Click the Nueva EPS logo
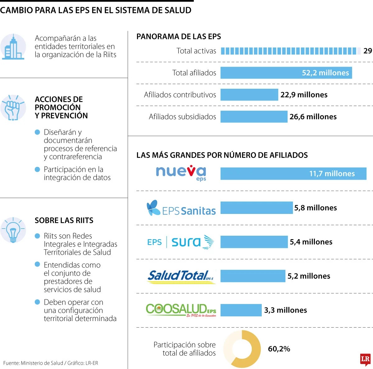181,173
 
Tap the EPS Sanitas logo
181,208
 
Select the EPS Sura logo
181,242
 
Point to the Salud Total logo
181,276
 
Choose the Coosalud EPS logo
181,310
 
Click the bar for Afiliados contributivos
249,95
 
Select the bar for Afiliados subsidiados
254,117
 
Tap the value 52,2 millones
325,73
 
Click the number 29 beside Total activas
367,51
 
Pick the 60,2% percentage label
279,349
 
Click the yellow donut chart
242,349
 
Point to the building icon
13,47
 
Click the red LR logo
365,359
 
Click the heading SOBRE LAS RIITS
64,220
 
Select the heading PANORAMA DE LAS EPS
179,36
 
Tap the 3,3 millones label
285,310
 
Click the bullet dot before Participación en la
38,169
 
